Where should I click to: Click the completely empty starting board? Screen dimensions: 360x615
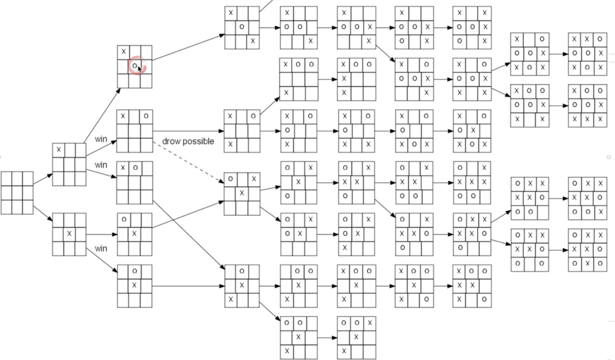pyautogui.click(x=17, y=193)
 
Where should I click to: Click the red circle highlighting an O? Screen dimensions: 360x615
pyautogui.click(x=136, y=66)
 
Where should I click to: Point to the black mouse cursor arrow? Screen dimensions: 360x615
pyautogui.click(x=140, y=68)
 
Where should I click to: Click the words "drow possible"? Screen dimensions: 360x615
pyautogui.click(x=188, y=141)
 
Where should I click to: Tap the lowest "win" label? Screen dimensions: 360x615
pyautogui.click(x=101, y=248)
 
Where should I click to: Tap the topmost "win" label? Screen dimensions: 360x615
pyautogui.click(x=101, y=139)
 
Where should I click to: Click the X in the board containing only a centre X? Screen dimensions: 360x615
pyautogui.click(x=69, y=234)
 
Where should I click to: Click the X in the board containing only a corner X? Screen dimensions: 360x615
pyautogui.click(x=59, y=149)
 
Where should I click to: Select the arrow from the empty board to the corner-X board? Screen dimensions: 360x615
pyautogui.click(x=43, y=180)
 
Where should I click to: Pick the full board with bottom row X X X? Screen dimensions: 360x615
pyautogui.click(x=588, y=106)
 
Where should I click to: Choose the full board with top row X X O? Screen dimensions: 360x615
pyautogui.click(x=588, y=54)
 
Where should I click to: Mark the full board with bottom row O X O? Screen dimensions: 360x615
pyautogui.click(x=588, y=250)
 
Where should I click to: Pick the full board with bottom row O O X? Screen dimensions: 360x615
pyautogui.click(x=588, y=198)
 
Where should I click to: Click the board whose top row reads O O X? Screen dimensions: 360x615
pyautogui.click(x=356, y=337)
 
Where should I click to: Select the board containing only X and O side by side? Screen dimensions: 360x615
pyautogui.click(x=135, y=182)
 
